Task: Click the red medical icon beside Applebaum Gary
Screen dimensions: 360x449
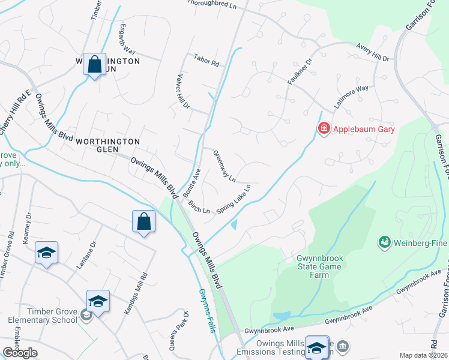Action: coord(324,128)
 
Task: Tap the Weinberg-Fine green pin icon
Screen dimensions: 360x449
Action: coord(384,242)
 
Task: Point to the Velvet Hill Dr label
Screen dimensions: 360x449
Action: coord(182,92)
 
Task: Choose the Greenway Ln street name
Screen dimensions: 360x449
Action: coord(224,166)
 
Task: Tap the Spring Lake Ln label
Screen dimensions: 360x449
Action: coord(233,199)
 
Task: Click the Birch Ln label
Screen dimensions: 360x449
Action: coord(199,207)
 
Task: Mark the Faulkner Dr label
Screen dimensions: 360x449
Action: coord(300,71)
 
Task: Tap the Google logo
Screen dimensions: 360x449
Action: coord(20,353)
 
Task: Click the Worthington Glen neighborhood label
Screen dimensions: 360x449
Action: coord(107,146)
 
